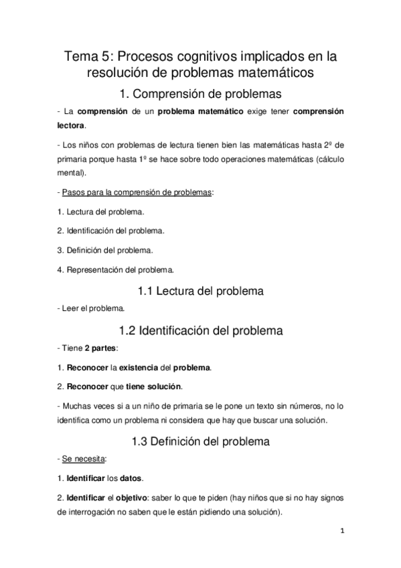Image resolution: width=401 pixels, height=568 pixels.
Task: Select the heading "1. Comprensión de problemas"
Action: point(200,94)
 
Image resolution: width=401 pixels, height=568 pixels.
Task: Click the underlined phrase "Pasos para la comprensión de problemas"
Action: point(137,193)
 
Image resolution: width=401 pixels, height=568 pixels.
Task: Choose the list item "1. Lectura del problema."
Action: point(100,212)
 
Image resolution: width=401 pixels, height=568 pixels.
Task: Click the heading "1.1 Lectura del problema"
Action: point(200,291)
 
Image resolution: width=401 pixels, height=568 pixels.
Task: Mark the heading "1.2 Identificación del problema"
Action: point(200,330)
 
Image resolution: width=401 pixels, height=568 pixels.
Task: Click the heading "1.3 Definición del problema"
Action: point(200,441)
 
